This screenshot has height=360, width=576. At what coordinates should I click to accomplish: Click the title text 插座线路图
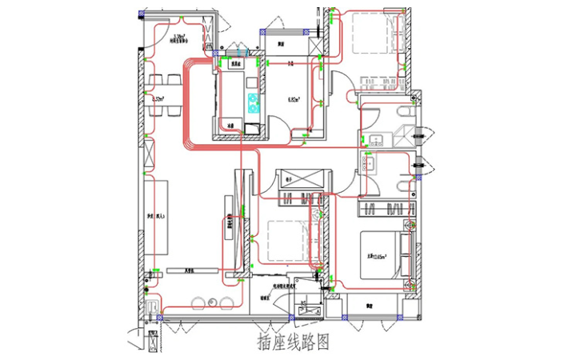[x=293, y=342]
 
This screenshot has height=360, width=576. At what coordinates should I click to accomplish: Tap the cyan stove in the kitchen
[x=255, y=101]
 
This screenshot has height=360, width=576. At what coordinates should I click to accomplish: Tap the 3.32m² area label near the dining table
[x=158, y=99]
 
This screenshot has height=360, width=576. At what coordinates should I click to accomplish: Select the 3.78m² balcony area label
[x=179, y=37]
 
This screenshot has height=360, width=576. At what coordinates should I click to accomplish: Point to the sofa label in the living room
[x=150, y=217]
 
